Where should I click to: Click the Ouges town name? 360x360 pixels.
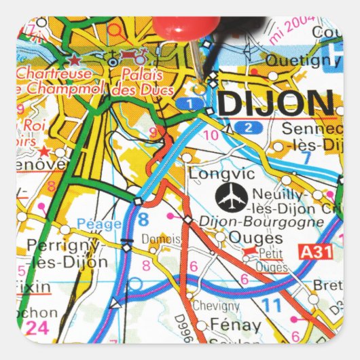point(255,238)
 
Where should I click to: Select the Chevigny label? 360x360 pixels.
point(215,306)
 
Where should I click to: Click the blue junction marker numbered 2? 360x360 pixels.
point(249,127)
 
